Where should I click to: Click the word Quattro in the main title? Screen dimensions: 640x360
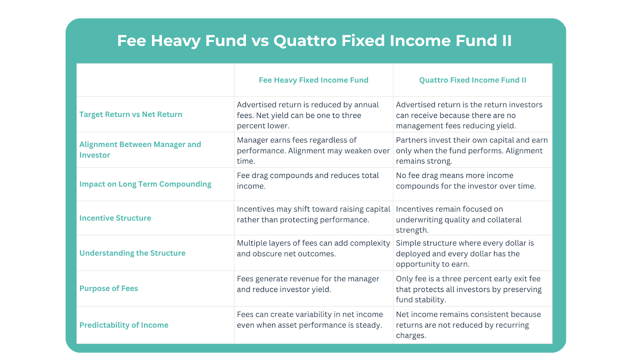(305, 40)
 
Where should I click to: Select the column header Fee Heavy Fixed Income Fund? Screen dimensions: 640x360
(314, 80)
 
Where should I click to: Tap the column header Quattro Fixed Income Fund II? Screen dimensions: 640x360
(472, 80)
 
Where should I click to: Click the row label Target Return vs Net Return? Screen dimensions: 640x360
(131, 114)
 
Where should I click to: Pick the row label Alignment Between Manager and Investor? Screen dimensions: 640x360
(140, 150)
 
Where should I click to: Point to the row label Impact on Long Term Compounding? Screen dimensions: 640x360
(146, 184)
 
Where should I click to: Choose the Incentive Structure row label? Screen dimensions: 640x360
(115, 218)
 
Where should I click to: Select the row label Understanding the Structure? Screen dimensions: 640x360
(132, 253)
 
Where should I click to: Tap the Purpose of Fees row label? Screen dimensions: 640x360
(108, 288)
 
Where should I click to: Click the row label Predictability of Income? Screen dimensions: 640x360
(124, 325)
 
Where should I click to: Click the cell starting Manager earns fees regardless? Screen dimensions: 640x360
(314, 150)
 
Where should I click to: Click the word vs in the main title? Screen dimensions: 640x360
(260, 41)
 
